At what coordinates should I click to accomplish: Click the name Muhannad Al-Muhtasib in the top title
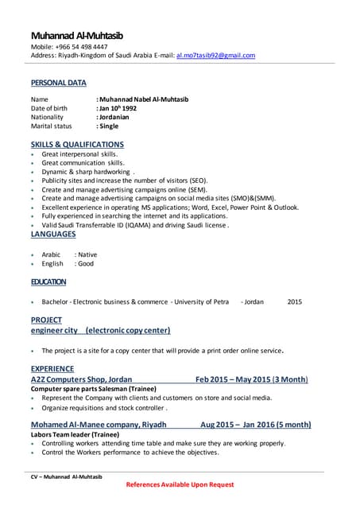coord(77,36)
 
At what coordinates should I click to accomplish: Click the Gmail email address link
coord(215,56)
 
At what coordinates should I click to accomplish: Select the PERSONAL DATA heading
coord(59,83)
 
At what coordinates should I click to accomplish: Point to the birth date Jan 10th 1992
coord(124,107)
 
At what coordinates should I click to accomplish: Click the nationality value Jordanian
coord(119,117)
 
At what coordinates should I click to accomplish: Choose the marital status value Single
coord(110,126)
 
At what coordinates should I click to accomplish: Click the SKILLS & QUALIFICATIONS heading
coord(77,144)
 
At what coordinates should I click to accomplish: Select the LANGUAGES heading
coord(53,234)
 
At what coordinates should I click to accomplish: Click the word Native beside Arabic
coord(87,254)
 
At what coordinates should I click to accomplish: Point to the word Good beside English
coord(85,263)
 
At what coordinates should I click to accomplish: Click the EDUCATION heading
coord(48,282)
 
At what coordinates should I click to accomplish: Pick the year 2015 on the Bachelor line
coord(295,302)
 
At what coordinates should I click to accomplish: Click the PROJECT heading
coord(46,320)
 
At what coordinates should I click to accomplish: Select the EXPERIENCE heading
coord(52,369)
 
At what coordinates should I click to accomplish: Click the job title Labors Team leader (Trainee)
coord(76,434)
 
